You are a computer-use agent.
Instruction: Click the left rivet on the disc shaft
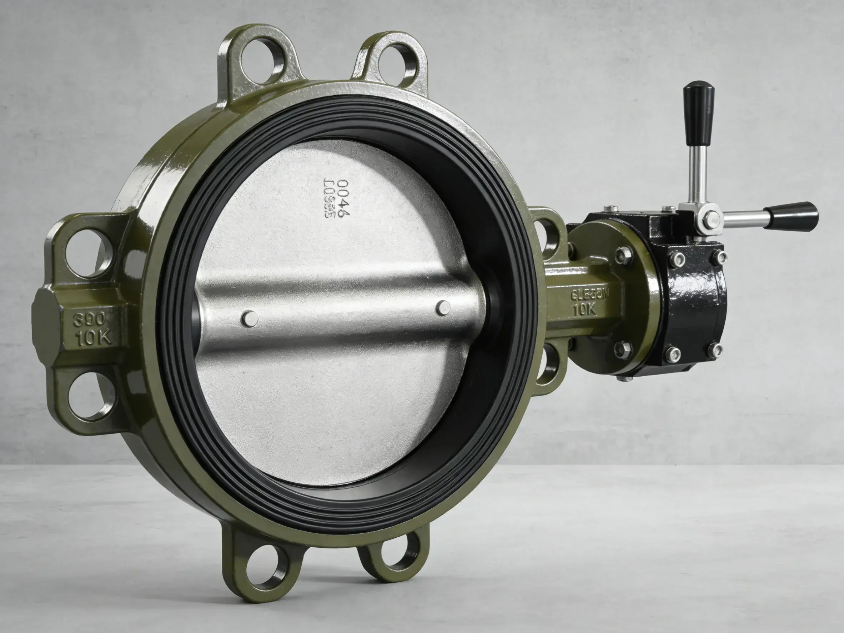coord(250,318)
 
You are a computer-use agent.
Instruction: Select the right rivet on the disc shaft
coord(443,308)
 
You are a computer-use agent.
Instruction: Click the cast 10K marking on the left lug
coord(94,338)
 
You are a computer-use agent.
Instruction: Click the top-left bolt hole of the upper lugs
coord(262,61)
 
